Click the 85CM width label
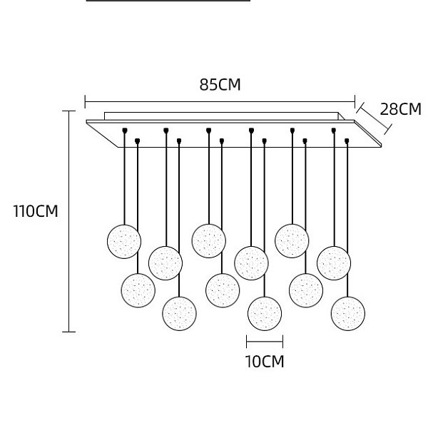tap(220, 85)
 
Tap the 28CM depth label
tap(400, 109)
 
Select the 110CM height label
tap(36, 211)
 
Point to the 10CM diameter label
tap(265, 362)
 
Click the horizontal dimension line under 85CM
tap(220, 101)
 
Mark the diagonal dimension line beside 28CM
tap(374, 118)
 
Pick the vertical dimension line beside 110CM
tap(68, 221)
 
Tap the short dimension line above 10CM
tap(265, 341)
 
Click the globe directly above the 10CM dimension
tap(265, 314)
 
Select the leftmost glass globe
tap(124, 242)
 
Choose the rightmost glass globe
tap(348, 314)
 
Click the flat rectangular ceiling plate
tap(234, 134)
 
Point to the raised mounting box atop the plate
tap(224, 116)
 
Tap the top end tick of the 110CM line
tap(68, 111)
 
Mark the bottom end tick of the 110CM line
tap(68, 332)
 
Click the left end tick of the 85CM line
tap(85, 101)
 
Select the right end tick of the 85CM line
tap(355, 101)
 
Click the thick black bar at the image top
tap(168, 1)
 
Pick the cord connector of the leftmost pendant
tap(125, 131)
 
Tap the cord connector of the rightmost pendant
tap(347, 141)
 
